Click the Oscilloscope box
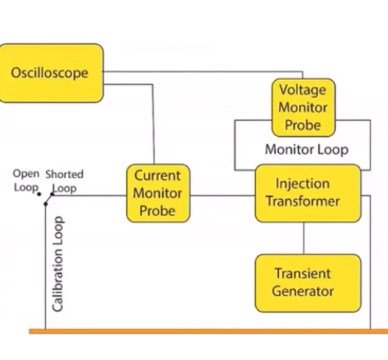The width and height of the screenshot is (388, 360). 51,73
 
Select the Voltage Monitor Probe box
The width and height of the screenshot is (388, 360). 303,108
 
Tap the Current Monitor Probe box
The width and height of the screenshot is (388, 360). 158,193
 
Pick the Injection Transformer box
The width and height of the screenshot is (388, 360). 308,193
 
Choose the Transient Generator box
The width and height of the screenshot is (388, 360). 308,283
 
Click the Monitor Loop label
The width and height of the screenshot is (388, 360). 307,149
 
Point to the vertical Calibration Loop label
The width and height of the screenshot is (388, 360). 58,264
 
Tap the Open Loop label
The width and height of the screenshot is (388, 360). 26,181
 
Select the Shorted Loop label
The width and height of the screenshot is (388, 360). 65,181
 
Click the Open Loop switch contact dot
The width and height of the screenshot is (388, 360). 39,195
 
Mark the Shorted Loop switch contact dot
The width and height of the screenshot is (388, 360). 52,195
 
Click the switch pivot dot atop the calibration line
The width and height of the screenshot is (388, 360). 45,204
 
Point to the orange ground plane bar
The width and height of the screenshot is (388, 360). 208,332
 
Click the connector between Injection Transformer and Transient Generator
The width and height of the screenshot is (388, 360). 303,238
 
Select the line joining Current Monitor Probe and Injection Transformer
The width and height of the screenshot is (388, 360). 223,195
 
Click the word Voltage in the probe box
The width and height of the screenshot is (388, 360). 303,90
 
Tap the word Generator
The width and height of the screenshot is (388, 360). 303,292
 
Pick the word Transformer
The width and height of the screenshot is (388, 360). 303,202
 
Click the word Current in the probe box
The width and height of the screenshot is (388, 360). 158,176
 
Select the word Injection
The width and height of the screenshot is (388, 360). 303,184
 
